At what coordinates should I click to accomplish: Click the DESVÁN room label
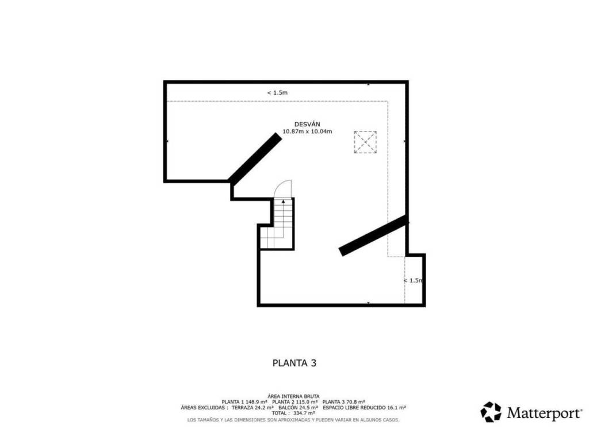307,124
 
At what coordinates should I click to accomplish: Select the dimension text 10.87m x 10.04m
307,131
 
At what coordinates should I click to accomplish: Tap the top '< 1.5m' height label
277,92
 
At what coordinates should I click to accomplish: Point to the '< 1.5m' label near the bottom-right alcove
413,280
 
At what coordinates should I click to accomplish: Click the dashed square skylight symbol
365,142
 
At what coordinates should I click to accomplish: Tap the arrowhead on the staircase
283,202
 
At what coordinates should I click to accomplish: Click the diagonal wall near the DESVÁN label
255,159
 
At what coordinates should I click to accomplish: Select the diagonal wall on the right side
373,235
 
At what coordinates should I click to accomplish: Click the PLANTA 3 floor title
294,363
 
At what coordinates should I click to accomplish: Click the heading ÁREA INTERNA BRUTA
293,396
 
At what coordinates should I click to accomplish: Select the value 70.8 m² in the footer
355,402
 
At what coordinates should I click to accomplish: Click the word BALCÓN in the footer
288,408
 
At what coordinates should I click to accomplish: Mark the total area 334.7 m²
304,413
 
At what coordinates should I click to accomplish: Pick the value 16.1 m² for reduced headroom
396,408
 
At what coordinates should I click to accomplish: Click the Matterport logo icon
491,412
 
